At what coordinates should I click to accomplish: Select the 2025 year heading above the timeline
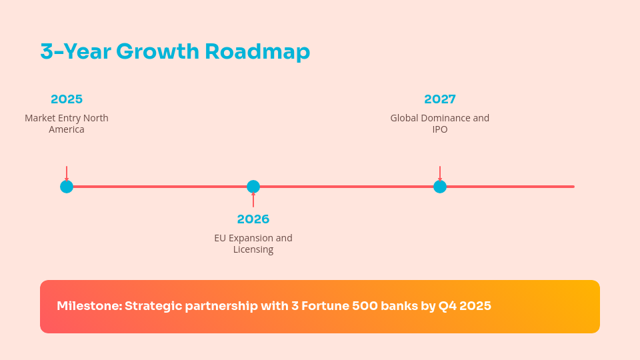point(67,99)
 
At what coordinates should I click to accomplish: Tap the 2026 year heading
point(253,219)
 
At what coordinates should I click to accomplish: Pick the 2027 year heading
point(440,99)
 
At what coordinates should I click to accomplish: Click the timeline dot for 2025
point(67,187)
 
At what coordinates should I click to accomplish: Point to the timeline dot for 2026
point(253,187)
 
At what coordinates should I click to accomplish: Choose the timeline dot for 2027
point(440,187)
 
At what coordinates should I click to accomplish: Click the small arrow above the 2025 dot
point(67,173)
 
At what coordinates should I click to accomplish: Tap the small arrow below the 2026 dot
point(253,200)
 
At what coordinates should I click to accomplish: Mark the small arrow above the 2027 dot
point(440,173)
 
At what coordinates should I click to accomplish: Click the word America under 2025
point(67,129)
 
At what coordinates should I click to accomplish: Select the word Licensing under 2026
point(253,249)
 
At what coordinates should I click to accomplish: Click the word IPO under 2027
point(440,129)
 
